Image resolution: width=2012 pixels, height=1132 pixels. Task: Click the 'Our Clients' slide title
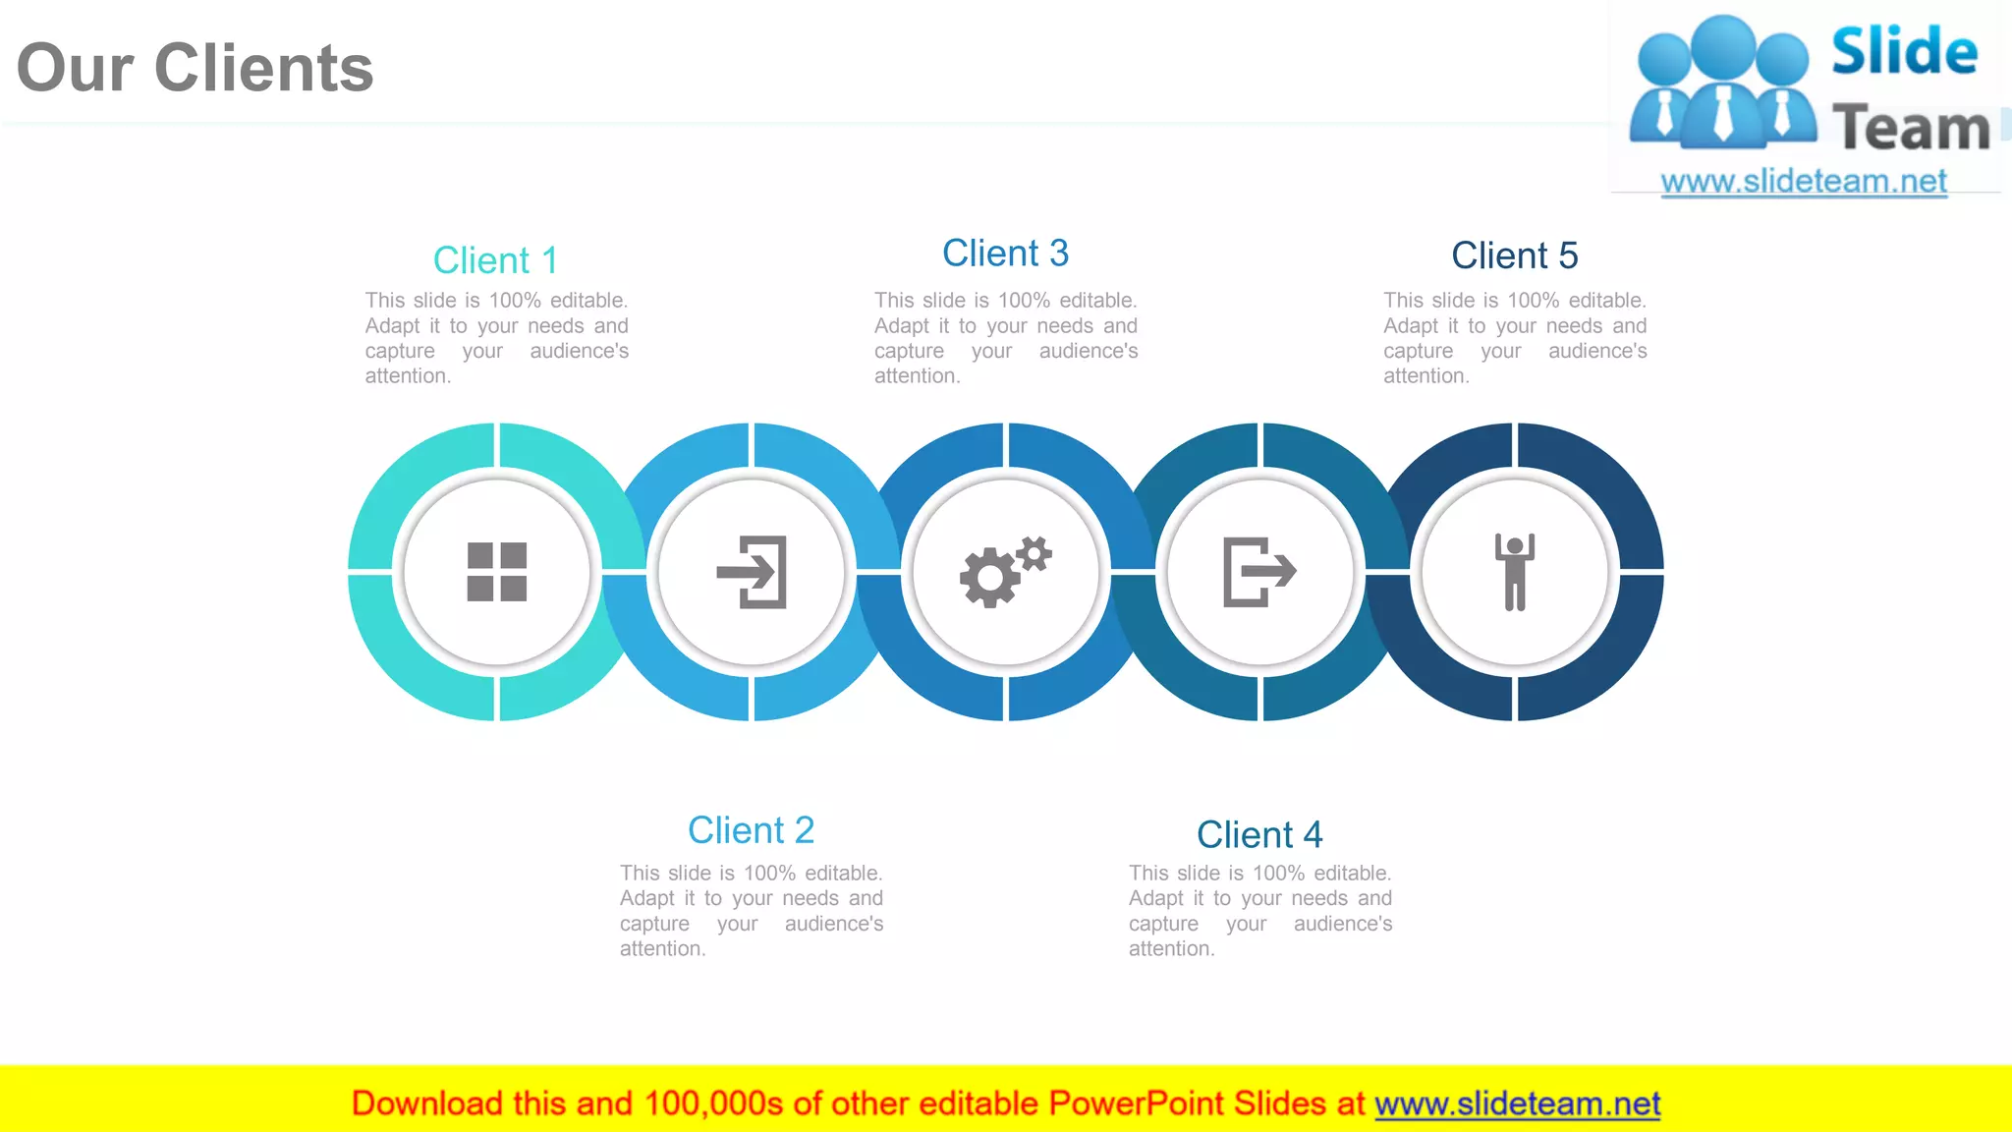[x=195, y=68]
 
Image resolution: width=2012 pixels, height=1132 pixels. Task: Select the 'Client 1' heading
[x=495, y=260]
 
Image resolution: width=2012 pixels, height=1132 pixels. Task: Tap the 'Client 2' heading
[x=751, y=830]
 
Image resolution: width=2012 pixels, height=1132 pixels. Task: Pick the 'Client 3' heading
[x=1005, y=254]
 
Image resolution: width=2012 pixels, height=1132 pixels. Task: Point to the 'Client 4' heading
[x=1259, y=834]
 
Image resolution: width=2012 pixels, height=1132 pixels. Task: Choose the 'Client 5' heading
[x=1514, y=255]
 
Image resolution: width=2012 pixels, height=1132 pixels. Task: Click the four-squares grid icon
[x=497, y=572]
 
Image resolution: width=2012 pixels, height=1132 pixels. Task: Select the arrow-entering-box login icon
[x=753, y=572]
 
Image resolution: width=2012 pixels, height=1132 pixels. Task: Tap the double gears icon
[x=1005, y=572]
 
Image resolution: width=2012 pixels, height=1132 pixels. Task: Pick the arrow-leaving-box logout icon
[x=1259, y=572]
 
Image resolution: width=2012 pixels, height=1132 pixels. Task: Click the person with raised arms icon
[x=1514, y=572]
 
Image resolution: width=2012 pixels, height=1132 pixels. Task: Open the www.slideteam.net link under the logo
[x=1804, y=181]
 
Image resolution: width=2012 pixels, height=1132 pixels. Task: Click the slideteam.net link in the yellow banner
[x=1517, y=1104]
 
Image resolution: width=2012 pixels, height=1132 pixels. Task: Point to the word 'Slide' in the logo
[x=1904, y=51]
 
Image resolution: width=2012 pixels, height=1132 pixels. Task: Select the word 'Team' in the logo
[x=1911, y=128]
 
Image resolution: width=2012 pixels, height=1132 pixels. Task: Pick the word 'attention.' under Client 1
[x=408, y=376]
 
